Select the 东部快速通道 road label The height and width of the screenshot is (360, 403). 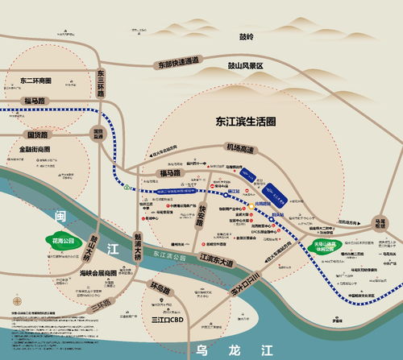pos(178,61)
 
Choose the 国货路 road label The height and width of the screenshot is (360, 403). pos(37,135)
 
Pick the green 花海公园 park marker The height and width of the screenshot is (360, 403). pos(62,240)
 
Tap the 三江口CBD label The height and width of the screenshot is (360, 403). pos(169,320)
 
